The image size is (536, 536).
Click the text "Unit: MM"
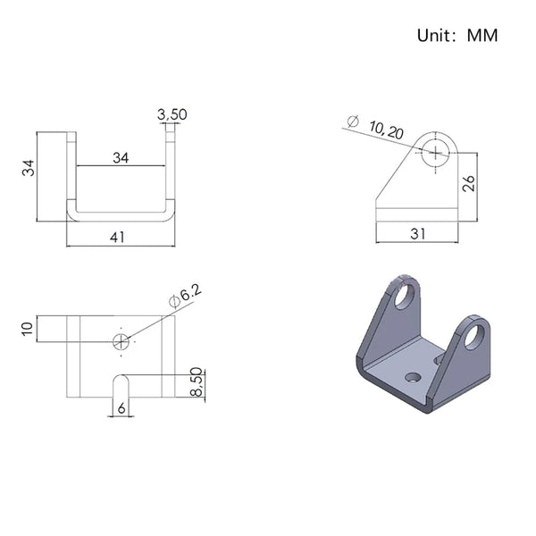457,35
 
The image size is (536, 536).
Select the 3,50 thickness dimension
172,114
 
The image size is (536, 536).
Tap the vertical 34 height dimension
29,168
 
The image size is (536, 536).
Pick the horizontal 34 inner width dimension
121,158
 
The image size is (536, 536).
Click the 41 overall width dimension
117,238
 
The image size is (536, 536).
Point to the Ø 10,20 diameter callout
375,127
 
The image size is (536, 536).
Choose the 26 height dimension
469,183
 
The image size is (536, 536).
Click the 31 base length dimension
417,234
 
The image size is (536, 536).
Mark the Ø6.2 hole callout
185,296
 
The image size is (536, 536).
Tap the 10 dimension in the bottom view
28,329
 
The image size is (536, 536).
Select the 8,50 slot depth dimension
196,381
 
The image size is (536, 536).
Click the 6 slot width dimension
121,408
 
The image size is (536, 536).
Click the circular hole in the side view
435,153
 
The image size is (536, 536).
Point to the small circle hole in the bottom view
121,341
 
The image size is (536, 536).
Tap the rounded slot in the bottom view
121,386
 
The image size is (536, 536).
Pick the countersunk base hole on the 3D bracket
413,377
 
